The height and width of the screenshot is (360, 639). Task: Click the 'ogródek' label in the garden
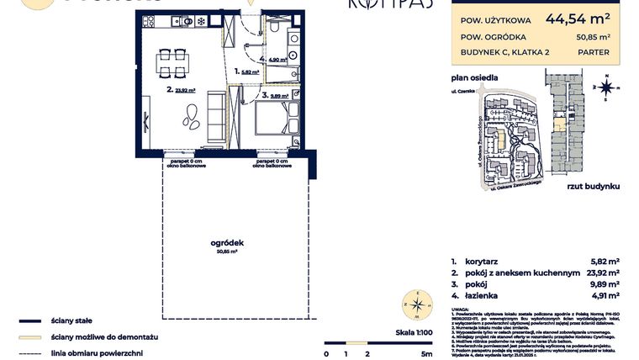coord(225,242)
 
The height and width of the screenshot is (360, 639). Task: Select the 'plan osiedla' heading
coord(475,77)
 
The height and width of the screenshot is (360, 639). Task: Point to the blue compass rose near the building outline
coord(605,86)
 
